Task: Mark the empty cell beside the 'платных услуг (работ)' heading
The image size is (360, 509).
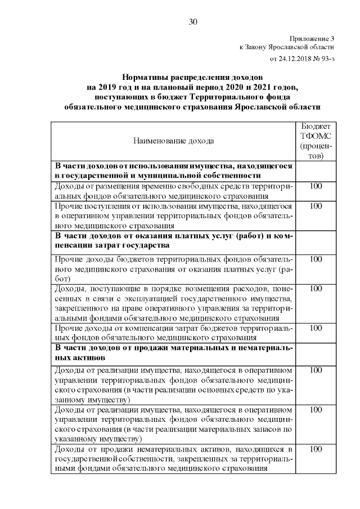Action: click(316, 242)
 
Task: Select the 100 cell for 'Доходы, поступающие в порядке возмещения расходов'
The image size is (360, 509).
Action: click(316, 289)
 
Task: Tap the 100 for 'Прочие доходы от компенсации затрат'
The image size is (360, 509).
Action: click(316, 328)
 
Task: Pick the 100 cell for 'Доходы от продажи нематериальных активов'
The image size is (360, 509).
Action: click(316, 449)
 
